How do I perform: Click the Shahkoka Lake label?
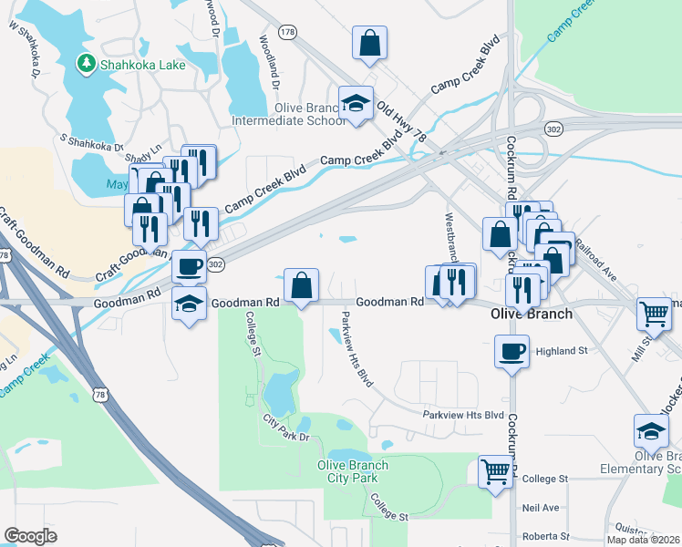[x=145, y=65]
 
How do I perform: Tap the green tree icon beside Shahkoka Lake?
[x=86, y=64]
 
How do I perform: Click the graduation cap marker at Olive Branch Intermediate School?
[x=356, y=103]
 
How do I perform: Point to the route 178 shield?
[x=289, y=32]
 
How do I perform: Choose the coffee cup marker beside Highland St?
[x=511, y=350]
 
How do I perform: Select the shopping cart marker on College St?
[x=495, y=471]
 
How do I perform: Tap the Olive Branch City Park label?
[x=352, y=471]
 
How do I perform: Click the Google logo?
[x=30, y=536]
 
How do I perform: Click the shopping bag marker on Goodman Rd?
[x=301, y=284]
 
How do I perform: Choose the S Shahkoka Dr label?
[x=91, y=143]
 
